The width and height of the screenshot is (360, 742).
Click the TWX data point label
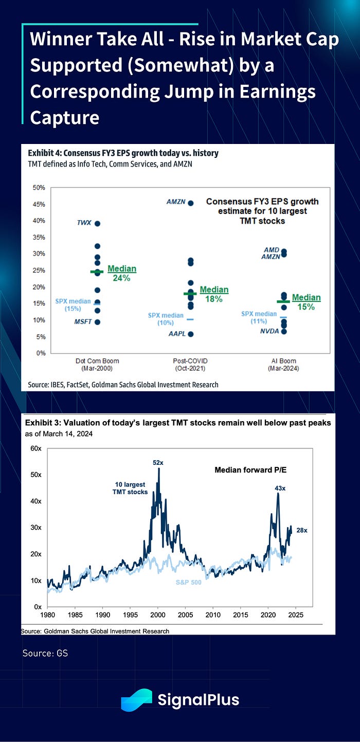[83, 223]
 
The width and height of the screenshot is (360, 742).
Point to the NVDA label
[270, 331]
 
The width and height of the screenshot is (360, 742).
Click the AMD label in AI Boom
[272, 250]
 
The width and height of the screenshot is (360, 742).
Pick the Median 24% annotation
[122, 273]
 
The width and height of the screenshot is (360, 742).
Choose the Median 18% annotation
[214, 294]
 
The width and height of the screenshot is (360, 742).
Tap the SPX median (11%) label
[259, 317]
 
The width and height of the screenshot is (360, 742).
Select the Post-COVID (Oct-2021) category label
[190, 365]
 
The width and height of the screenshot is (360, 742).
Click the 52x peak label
[158, 463]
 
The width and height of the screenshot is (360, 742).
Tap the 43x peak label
[278, 487]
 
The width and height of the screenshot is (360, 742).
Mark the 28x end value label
[301, 530]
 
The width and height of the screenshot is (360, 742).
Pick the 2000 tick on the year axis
[158, 614]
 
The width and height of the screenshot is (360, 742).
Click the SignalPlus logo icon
[136, 700]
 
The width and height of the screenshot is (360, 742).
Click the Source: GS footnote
[45, 654]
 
